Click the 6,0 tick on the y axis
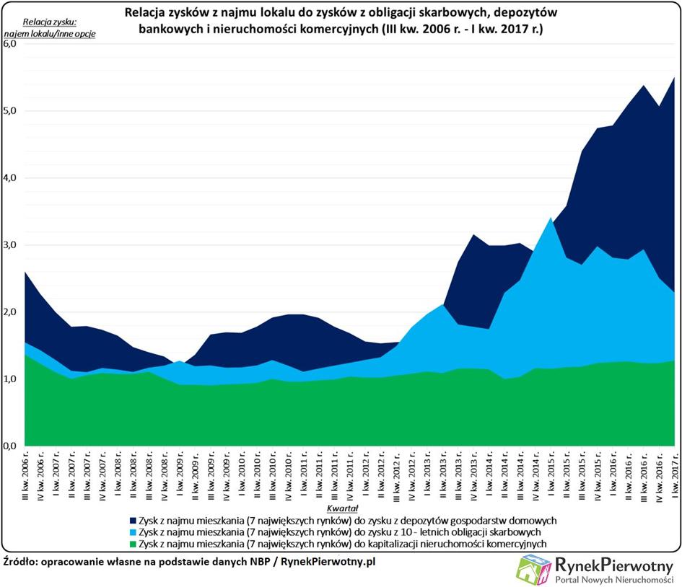coord(9,44)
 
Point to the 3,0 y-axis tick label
coord(9,245)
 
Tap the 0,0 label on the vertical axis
coord(9,446)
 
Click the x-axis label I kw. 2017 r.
coord(675,475)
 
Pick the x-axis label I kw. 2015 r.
coord(551,475)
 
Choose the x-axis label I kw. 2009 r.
coord(180,475)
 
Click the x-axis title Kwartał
coord(342,508)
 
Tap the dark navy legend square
coord(133,521)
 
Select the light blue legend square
coord(133,532)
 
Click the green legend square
coord(133,544)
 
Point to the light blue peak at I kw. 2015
coord(551,217)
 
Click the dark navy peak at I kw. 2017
coord(674,78)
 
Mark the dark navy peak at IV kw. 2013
coord(473,234)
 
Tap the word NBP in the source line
coord(260,562)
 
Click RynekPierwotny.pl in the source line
coord(328,562)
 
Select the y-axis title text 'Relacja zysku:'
coord(50,22)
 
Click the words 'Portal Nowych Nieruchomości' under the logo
coord(613,580)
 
